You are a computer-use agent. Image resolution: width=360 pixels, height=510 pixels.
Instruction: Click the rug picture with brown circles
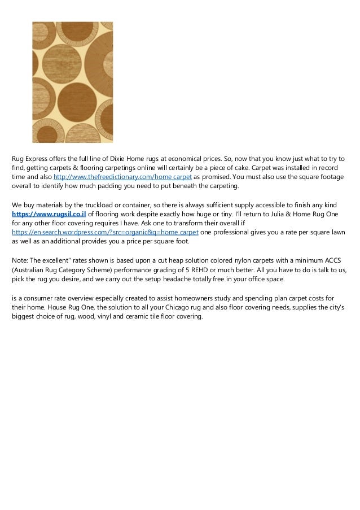(x=72, y=82)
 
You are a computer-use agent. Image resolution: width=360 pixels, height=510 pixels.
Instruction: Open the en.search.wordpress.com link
(x=105, y=233)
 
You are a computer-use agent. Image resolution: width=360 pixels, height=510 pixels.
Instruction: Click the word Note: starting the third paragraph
(x=20, y=260)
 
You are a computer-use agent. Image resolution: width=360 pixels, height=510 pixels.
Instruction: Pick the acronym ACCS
(x=330, y=260)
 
